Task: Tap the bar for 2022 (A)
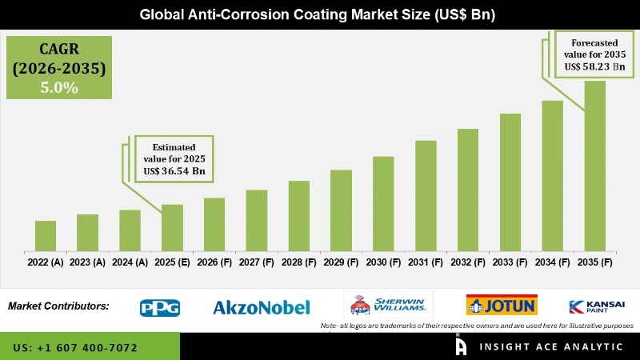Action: tap(46, 235)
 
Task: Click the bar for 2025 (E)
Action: tap(172, 227)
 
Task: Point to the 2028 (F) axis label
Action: tap(298, 262)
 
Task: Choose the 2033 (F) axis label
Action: tap(510, 262)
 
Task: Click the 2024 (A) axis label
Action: tap(130, 262)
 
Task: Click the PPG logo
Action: tap(160, 307)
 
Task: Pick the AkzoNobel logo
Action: tap(261, 307)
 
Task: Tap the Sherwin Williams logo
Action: tap(389, 305)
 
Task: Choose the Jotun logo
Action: tap(502, 305)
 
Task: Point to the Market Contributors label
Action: tap(58, 306)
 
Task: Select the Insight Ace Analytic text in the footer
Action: tap(550, 346)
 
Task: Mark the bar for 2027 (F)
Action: tap(256, 220)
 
